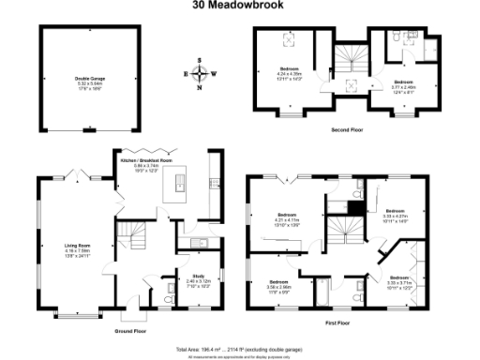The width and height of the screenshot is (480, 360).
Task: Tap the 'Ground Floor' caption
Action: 131,331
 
